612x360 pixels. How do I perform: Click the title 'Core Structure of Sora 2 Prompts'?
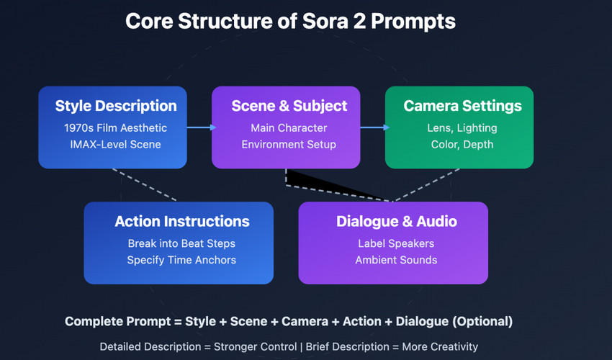(290, 22)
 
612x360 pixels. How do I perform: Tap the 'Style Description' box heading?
(116, 106)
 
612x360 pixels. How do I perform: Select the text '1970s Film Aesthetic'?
(115, 127)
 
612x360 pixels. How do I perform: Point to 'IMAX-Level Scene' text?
(115, 145)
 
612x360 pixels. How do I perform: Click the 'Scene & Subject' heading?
(289, 106)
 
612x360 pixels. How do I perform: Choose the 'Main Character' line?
(289, 127)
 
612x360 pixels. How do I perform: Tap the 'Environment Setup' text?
(289, 145)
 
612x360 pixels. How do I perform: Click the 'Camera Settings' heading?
(462, 106)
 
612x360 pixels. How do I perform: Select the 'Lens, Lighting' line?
(462, 128)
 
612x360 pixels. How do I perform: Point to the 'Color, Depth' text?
(462, 145)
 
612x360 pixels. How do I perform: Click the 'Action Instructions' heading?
(182, 221)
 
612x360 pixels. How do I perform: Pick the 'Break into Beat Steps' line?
(181, 243)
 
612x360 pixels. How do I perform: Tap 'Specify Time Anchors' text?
(181, 260)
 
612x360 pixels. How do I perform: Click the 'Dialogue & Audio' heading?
(397, 221)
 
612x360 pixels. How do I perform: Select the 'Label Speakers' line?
(396, 243)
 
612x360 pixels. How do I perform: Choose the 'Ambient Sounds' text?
(396, 260)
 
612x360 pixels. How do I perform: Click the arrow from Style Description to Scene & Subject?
(202, 127)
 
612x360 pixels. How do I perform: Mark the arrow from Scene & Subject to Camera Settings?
(374, 127)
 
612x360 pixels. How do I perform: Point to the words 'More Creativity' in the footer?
(440, 347)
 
